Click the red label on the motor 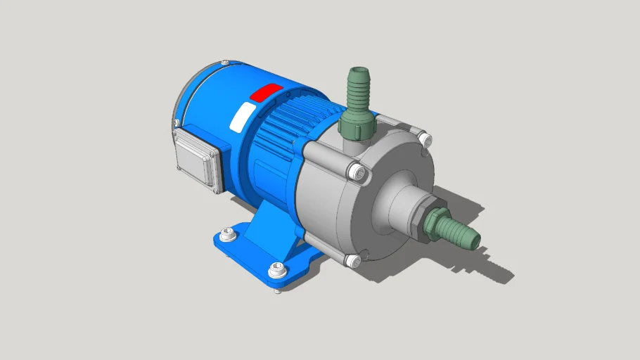click(x=267, y=92)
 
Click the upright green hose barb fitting click(x=357, y=91)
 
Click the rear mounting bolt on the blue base click(x=226, y=235)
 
